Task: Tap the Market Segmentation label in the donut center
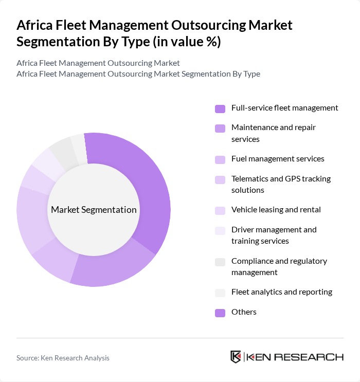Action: [x=94, y=210]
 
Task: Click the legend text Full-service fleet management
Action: [x=284, y=108]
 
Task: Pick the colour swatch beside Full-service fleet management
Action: [x=220, y=108]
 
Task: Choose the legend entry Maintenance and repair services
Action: [x=273, y=133]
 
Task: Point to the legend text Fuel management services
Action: [x=278, y=159]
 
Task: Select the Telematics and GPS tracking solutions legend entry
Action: [x=281, y=184]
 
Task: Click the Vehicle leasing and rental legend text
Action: [x=276, y=210]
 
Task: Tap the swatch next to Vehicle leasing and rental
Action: [x=220, y=210]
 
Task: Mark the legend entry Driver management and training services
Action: [x=274, y=235]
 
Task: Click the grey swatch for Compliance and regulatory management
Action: [x=220, y=262]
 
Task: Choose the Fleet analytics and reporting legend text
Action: [x=281, y=292]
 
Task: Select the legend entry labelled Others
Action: [x=244, y=312]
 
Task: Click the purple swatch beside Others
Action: [x=220, y=313]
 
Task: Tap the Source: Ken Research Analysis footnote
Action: [x=63, y=358]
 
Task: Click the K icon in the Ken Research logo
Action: [x=236, y=357]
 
